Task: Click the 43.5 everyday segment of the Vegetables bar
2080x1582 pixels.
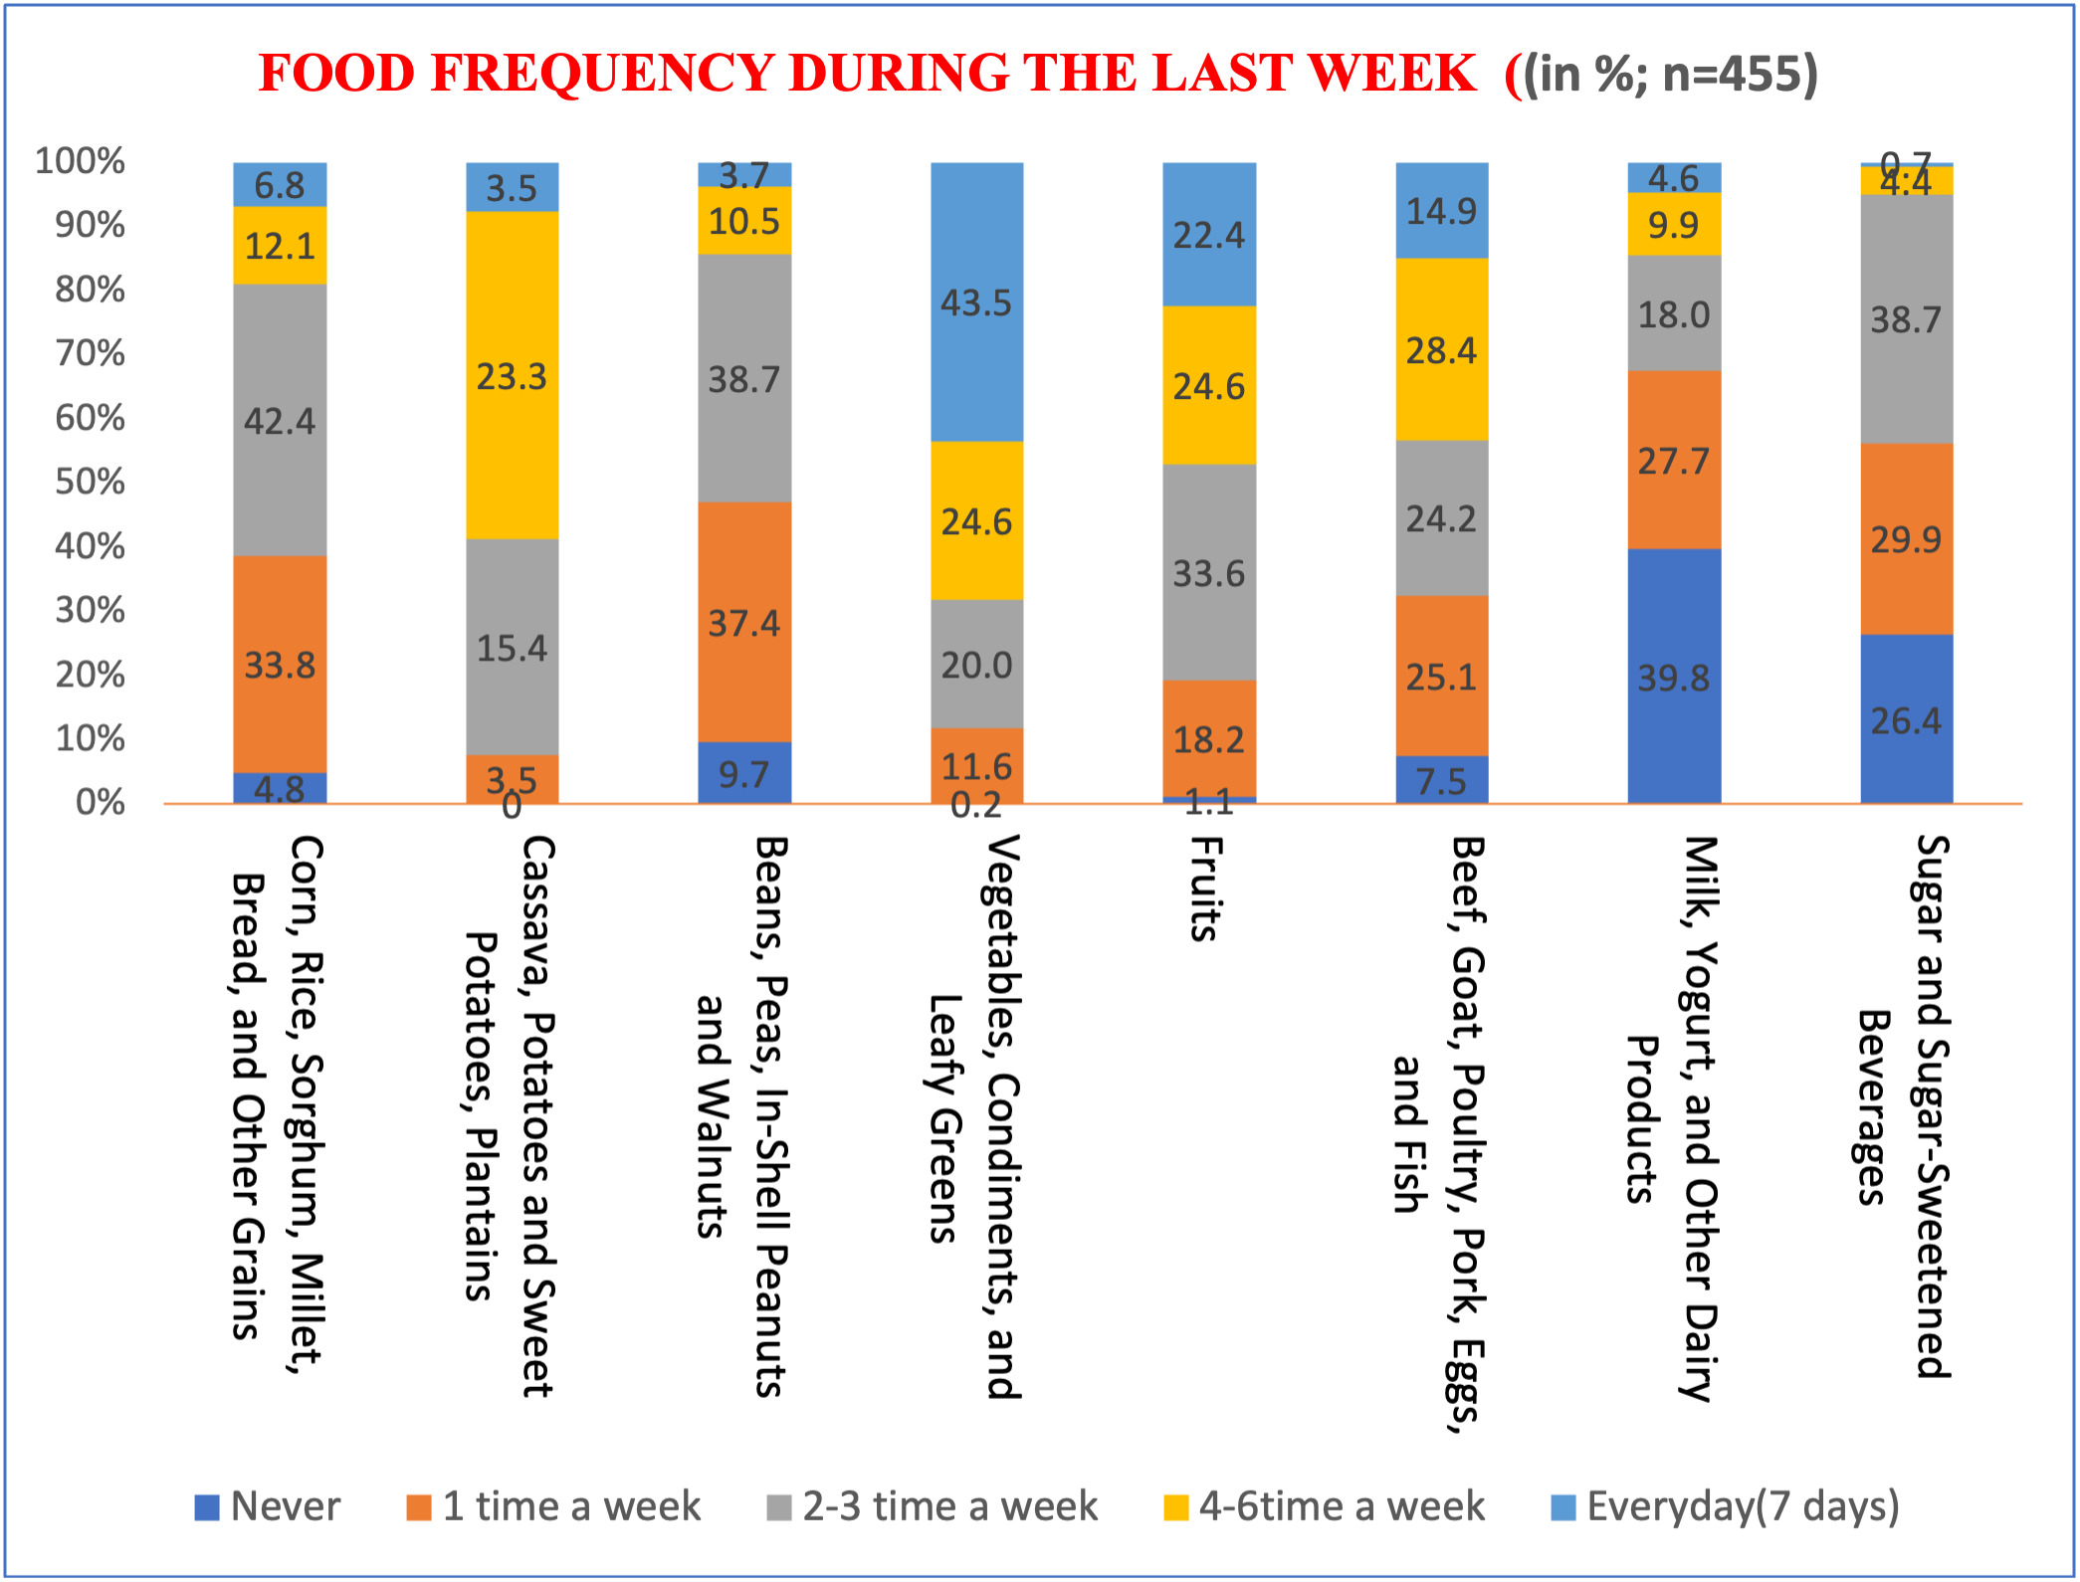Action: point(976,301)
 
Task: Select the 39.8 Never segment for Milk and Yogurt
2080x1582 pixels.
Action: point(1674,677)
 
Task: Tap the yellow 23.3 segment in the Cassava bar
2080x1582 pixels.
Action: point(512,375)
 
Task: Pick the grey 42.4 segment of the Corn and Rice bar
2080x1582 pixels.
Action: point(280,420)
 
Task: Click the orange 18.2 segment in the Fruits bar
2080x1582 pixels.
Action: point(1208,738)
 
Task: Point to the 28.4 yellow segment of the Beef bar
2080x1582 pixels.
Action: point(1441,349)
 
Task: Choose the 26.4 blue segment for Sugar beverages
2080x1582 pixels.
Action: point(1906,719)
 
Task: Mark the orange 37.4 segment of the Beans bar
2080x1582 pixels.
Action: point(744,623)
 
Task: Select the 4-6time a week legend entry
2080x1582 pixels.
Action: point(1324,1506)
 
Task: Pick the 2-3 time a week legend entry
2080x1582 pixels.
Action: point(933,1506)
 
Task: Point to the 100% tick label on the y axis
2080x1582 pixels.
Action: point(80,161)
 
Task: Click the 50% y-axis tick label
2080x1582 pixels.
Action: point(90,482)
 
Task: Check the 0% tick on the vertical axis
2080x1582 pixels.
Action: point(100,802)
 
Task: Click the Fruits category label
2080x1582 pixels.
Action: point(1206,888)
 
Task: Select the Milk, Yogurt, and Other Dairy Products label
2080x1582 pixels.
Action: point(1672,1119)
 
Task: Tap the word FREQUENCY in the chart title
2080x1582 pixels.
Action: point(603,73)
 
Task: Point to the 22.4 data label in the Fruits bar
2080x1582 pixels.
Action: point(1208,235)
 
